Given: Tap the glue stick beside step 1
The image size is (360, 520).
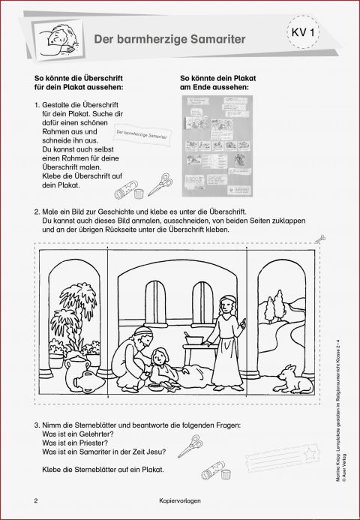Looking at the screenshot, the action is [x=133, y=188].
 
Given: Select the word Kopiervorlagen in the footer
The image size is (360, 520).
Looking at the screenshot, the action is [x=179, y=502].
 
